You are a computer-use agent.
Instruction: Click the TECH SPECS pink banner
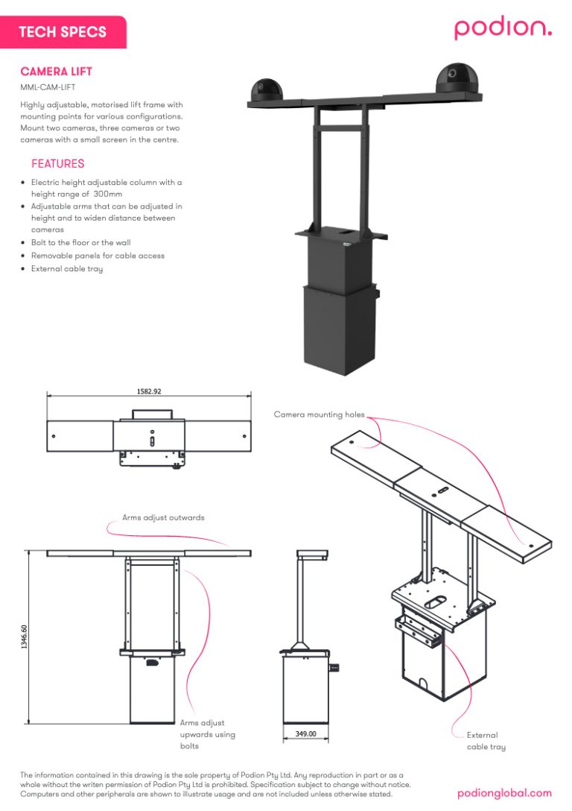point(63,32)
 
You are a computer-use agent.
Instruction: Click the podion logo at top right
point(503,28)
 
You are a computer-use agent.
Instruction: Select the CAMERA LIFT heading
point(57,72)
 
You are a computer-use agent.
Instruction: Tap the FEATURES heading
point(57,164)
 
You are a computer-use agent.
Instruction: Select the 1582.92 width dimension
point(149,391)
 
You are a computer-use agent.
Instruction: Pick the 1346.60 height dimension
point(25,638)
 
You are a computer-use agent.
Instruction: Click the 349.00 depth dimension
point(306,734)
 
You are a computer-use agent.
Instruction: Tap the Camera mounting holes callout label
point(319,414)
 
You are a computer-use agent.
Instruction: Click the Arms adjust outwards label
point(163,517)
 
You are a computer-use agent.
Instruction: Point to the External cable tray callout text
point(486,741)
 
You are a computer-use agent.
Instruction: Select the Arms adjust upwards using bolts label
point(207,734)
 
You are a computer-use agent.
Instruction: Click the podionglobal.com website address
point(504,793)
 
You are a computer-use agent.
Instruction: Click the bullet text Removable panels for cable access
point(98,256)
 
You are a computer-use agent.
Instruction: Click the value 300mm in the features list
point(108,194)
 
